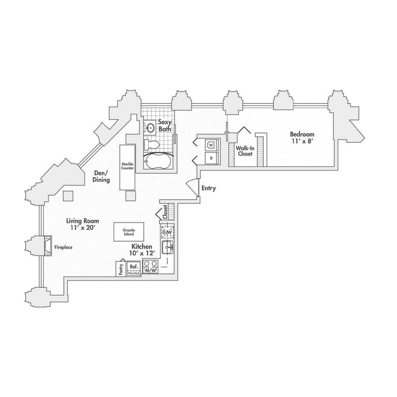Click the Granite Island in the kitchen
click(x=129, y=232)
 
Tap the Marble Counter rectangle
click(x=127, y=167)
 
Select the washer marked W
click(x=211, y=145)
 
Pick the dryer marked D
click(x=211, y=158)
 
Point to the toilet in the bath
click(x=152, y=145)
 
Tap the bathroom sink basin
click(x=150, y=127)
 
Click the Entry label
click(x=209, y=188)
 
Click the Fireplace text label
click(x=63, y=247)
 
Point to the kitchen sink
click(x=168, y=247)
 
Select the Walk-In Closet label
click(x=245, y=150)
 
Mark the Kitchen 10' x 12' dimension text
click(x=143, y=253)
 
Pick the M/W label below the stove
click(x=150, y=270)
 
